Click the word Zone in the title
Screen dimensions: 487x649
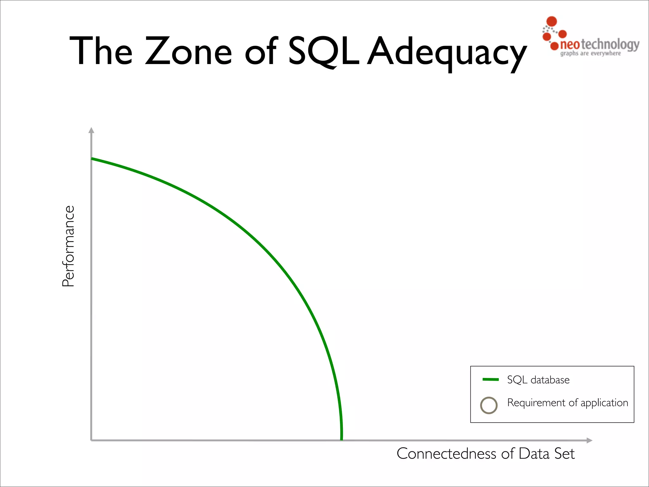tap(188, 51)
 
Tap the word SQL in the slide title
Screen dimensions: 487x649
tap(323, 51)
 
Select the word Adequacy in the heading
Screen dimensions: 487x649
tap(447, 52)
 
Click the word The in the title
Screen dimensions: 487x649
tap(101, 51)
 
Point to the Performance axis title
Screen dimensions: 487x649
tap(68, 246)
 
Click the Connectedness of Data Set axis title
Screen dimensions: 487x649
tap(485, 453)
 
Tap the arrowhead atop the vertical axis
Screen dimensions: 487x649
tap(91, 130)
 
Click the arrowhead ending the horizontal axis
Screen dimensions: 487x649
tap(589, 440)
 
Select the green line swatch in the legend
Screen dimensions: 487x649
tap(490, 379)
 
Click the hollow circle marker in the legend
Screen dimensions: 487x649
tap(489, 405)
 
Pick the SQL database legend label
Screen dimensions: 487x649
tap(538, 380)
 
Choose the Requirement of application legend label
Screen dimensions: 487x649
tap(568, 403)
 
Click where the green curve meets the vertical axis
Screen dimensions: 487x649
tap(92, 159)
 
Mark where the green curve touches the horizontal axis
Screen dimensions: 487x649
tap(341, 439)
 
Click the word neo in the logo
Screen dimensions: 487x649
tap(570, 45)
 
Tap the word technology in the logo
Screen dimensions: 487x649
tap(609, 45)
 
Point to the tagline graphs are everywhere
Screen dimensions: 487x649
tap(590, 53)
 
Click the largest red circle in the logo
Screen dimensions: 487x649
tap(552, 21)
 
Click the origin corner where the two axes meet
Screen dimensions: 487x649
tap(91, 440)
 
